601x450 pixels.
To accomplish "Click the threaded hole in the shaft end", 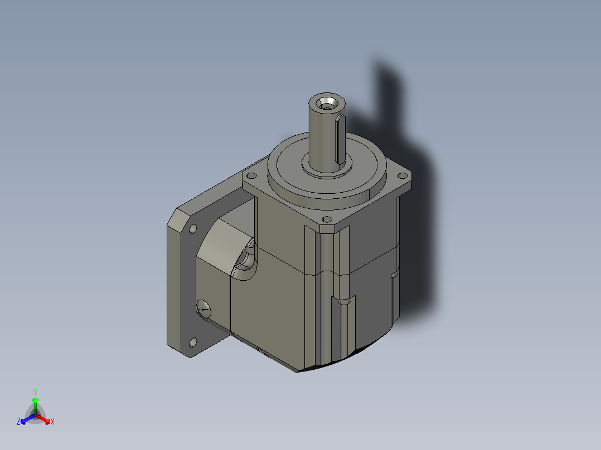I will point(326,103).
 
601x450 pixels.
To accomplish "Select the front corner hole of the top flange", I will point(327,219).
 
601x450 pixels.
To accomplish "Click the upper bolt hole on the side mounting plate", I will point(193,228).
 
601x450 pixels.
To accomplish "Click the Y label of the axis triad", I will point(35,392).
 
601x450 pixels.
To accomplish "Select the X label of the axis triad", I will point(52,422).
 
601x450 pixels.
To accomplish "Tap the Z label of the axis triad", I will point(18,422).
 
